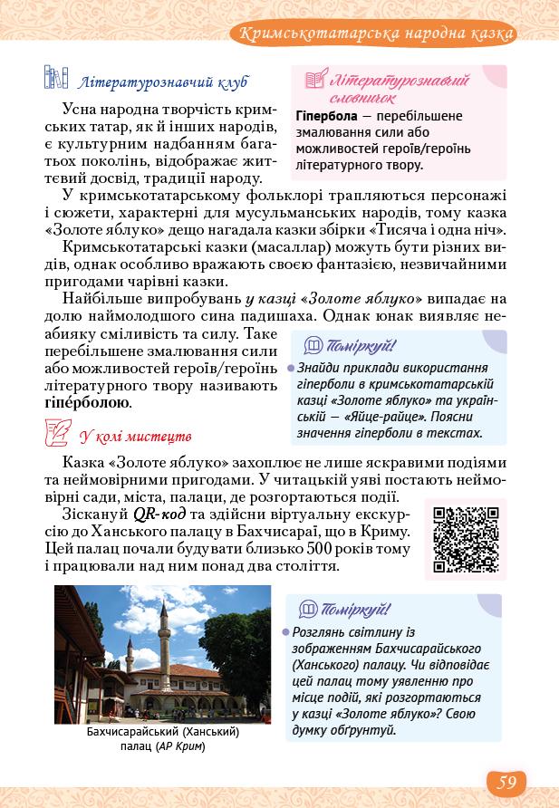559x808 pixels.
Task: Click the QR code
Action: (x=466, y=539)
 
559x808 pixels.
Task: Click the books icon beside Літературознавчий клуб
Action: (x=56, y=79)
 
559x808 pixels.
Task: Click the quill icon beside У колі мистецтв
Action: (x=56, y=433)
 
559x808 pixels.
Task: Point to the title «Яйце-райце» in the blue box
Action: (x=372, y=416)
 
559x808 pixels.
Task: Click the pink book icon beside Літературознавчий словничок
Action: (x=315, y=81)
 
